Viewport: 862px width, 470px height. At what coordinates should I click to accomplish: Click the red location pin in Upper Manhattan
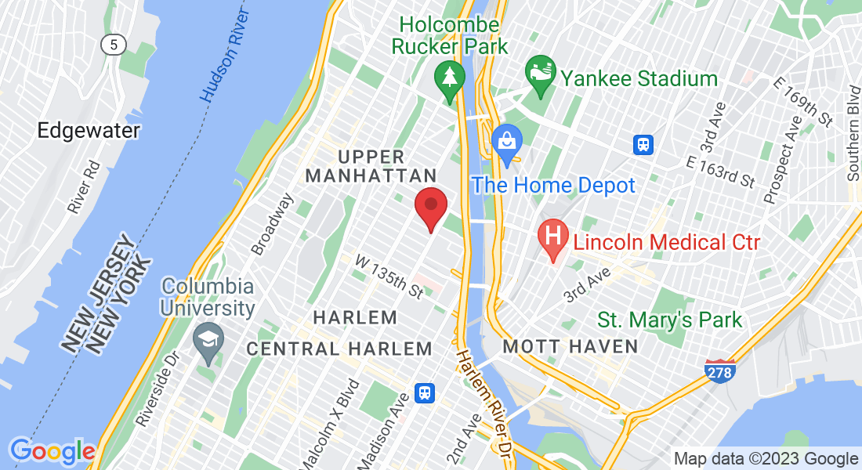click(430, 206)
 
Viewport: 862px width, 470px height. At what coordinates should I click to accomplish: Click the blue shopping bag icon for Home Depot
click(506, 143)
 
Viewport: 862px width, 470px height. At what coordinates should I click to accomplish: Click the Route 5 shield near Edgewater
click(114, 45)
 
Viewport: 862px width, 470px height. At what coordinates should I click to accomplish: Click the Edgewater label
click(89, 131)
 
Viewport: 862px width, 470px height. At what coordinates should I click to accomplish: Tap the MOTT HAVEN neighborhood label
click(570, 345)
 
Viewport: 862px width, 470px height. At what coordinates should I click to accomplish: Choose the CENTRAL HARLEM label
click(339, 349)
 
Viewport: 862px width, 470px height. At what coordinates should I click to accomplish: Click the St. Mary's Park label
click(669, 320)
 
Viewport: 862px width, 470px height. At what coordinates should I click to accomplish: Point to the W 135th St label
click(389, 276)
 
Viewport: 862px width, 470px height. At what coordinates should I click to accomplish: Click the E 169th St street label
click(801, 101)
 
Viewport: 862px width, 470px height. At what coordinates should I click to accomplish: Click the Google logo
click(52, 451)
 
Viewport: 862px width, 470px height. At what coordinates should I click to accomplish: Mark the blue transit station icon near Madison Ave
click(426, 392)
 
